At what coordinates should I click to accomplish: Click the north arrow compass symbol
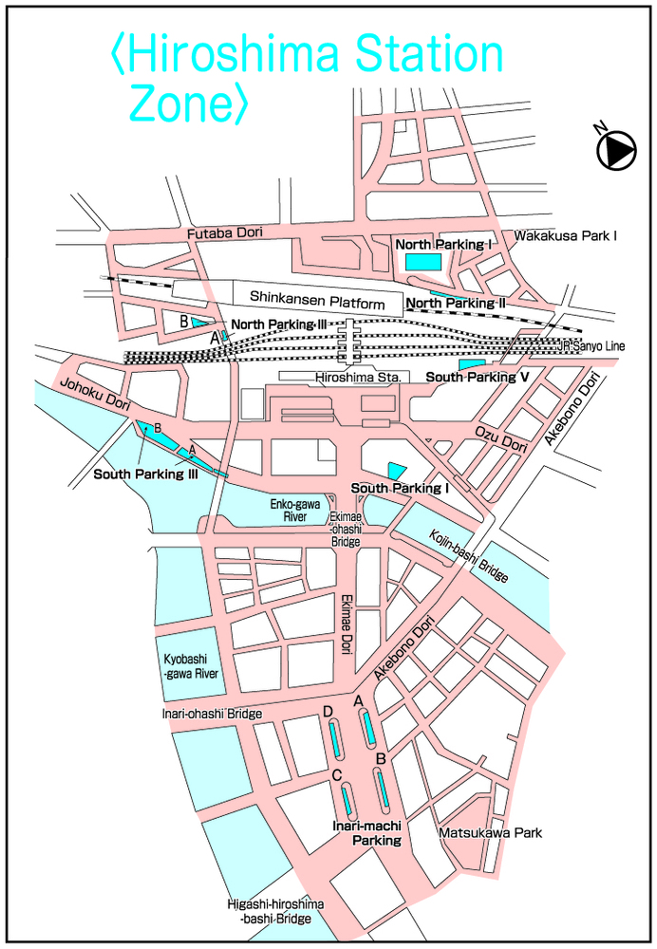click(x=615, y=149)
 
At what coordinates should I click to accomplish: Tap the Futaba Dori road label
click(x=224, y=233)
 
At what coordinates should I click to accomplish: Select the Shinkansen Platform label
click(x=317, y=300)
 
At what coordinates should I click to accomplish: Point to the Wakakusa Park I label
click(x=565, y=235)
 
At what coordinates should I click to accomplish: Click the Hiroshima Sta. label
click(x=360, y=377)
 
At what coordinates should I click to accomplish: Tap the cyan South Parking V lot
click(x=471, y=363)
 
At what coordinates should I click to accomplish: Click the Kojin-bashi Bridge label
click(x=469, y=554)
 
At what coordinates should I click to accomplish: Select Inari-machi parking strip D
click(x=335, y=738)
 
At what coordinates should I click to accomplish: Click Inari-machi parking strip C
click(x=347, y=799)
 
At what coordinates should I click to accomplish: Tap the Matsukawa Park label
click(x=490, y=832)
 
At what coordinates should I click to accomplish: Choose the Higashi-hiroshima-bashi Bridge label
click(x=274, y=912)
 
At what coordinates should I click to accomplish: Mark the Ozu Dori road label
click(x=500, y=437)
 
